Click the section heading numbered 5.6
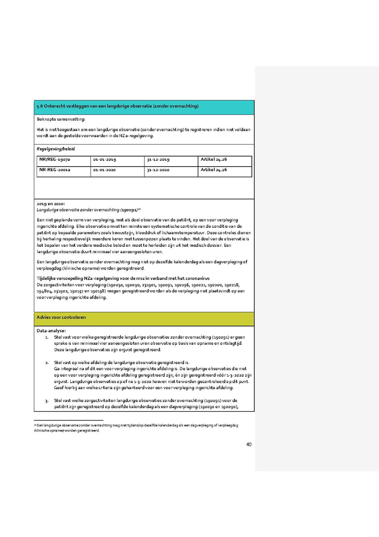click(x=117, y=106)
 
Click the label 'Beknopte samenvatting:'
click(x=61, y=120)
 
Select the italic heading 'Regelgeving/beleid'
click(x=56, y=149)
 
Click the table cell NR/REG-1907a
click(x=55, y=160)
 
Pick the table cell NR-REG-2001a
click(x=55, y=170)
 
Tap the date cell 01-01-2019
click(x=105, y=160)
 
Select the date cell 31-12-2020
click(x=158, y=170)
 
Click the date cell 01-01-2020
click(x=105, y=170)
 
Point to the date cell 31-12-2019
click(x=158, y=160)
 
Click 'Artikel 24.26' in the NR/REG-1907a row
click(x=214, y=159)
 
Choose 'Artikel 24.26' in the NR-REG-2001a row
click(x=214, y=170)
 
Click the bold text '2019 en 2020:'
click(x=51, y=204)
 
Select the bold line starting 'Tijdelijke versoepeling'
click(x=123, y=278)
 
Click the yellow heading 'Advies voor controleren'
click(x=61, y=317)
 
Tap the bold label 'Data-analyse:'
click(x=51, y=331)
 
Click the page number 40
click(x=249, y=444)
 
